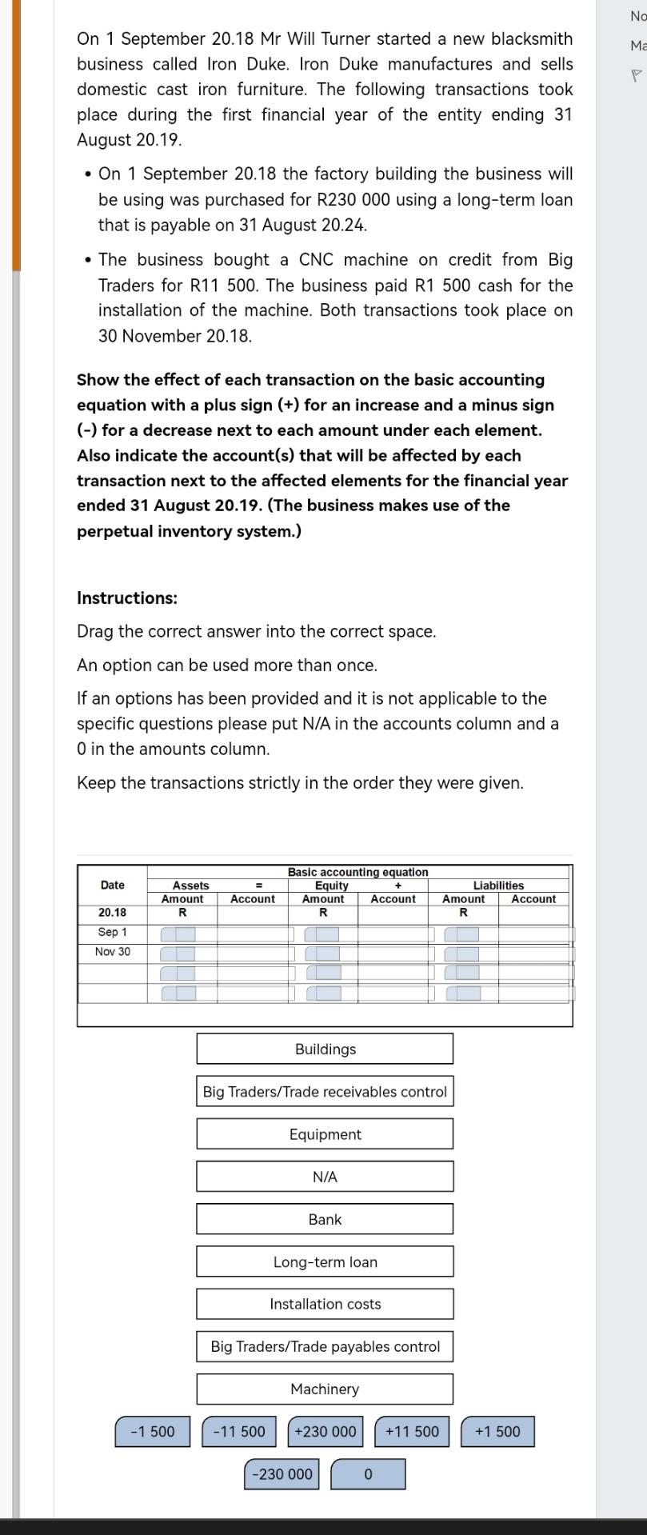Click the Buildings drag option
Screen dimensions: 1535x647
pos(325,1049)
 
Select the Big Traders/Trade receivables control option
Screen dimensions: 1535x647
pos(325,1091)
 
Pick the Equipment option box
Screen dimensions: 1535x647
pos(325,1133)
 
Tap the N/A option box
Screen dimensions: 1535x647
pos(325,1176)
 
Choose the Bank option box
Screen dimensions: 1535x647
pos(325,1218)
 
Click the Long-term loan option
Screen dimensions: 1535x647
pos(325,1261)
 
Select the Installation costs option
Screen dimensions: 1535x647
pos(325,1304)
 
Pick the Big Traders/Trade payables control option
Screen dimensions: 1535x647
pos(325,1346)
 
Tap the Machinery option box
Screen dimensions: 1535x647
pos(325,1389)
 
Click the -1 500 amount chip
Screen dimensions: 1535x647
pos(153,1431)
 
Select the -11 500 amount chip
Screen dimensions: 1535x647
pos(239,1431)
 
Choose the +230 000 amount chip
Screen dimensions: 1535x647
pos(325,1431)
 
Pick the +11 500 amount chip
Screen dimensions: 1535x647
pos(412,1431)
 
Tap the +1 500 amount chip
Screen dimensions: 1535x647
pos(497,1431)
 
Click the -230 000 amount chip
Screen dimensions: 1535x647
pos(282,1473)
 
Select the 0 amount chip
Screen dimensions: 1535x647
pos(368,1473)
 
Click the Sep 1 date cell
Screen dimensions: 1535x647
pos(112,932)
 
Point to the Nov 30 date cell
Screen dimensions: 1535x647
pos(112,951)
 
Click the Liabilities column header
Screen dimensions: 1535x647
pos(498,885)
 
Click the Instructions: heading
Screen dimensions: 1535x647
pos(127,598)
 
